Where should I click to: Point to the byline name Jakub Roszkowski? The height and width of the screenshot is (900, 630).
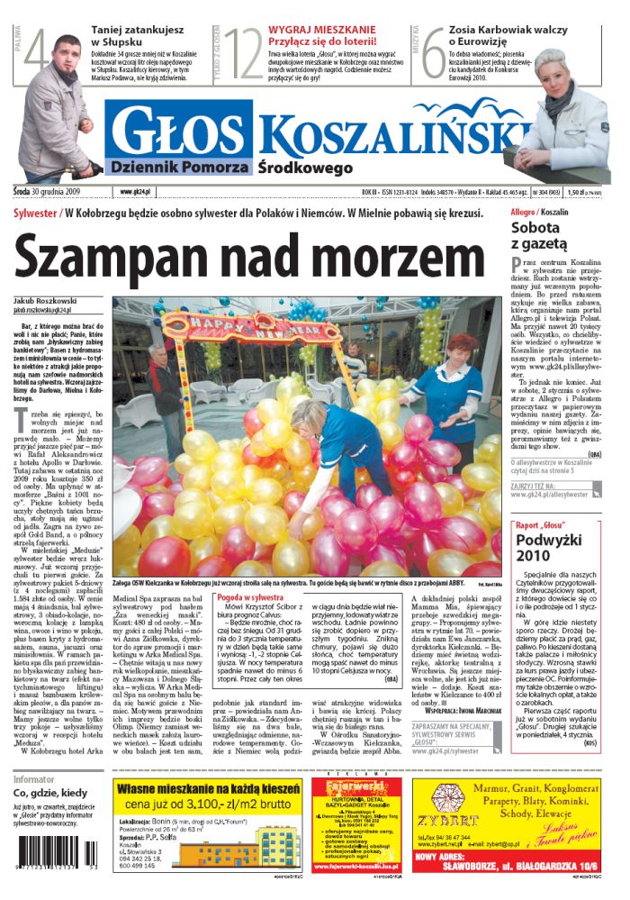click(x=45, y=300)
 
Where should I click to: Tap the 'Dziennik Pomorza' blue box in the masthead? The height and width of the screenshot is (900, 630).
click(x=176, y=167)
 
